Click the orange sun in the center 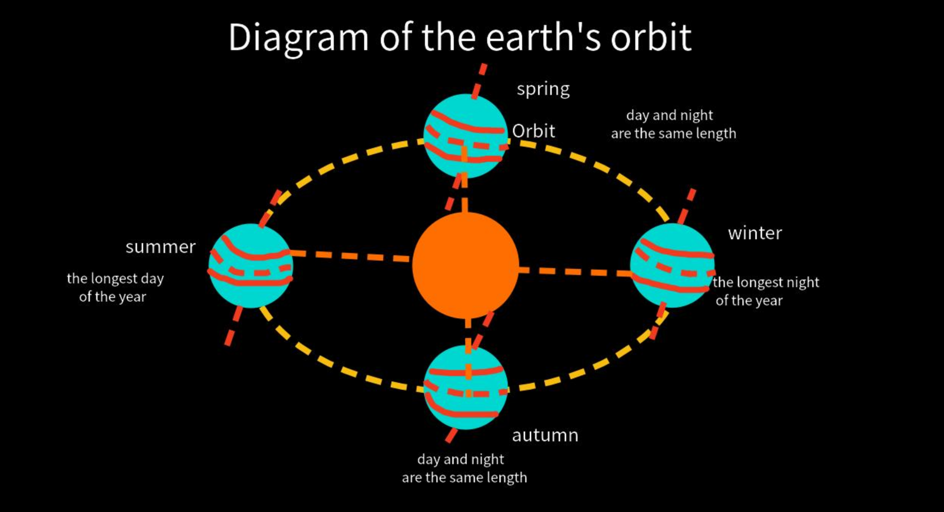[x=466, y=265]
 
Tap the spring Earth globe [x=466, y=136]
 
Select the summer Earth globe [x=251, y=265]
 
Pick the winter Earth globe [x=672, y=265]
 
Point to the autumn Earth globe [x=466, y=387]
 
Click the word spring [x=543, y=90]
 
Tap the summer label [x=160, y=247]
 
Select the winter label [x=755, y=233]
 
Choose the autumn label [x=545, y=435]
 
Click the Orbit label [x=534, y=131]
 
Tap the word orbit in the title [x=651, y=37]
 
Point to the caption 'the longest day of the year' [x=115, y=288]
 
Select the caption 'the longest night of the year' [x=766, y=291]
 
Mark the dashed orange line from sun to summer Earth [x=349, y=255]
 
